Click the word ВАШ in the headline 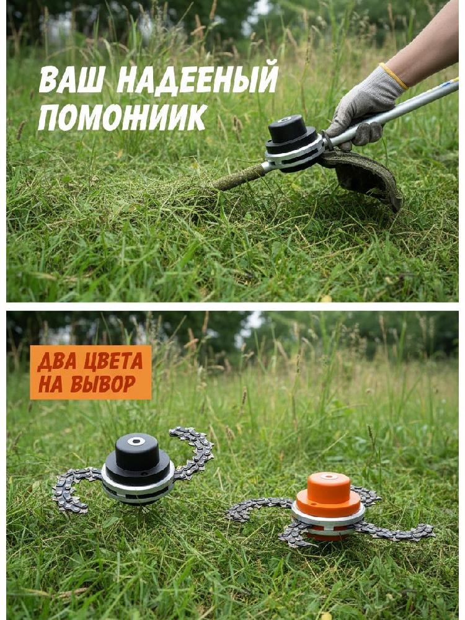[x=72, y=79]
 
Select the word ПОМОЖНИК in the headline [x=122, y=117]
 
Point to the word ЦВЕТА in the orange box [x=114, y=361]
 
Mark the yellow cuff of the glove [x=394, y=76]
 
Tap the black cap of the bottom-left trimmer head [x=137, y=459]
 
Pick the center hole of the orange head [x=329, y=476]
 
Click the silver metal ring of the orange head [x=328, y=519]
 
